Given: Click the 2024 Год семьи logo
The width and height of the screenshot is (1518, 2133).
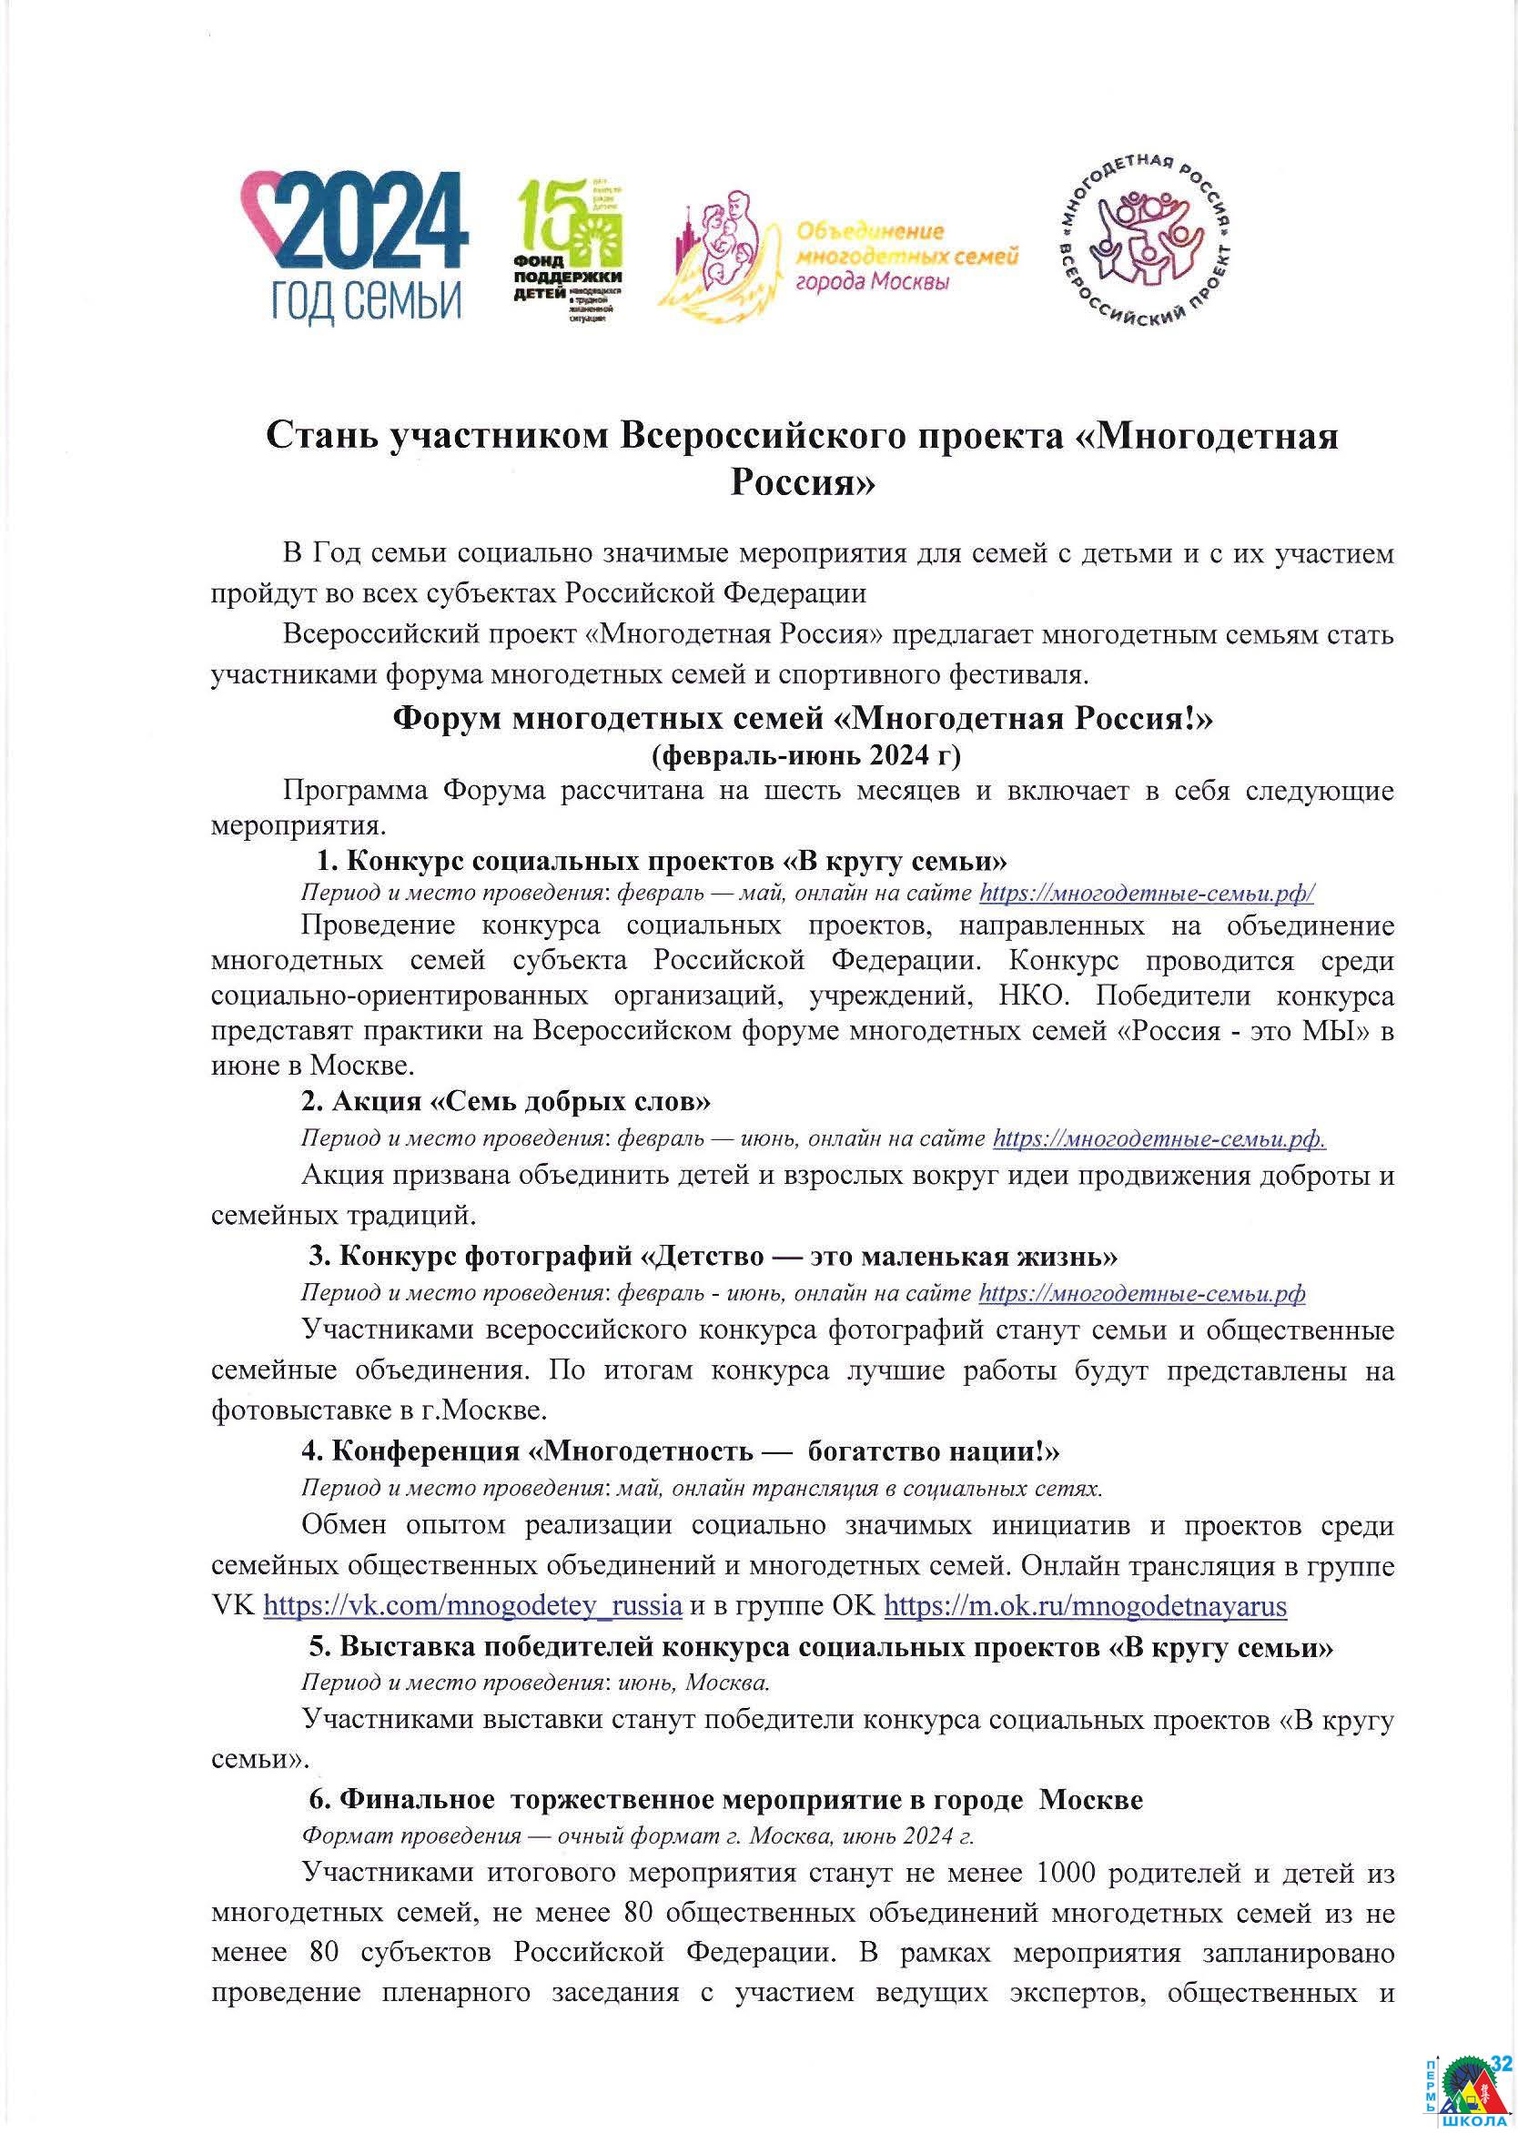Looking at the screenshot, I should point(355,248).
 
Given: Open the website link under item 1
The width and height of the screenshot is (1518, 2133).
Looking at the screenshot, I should point(1146,893).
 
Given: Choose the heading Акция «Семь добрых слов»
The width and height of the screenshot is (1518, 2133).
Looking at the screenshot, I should point(506,1101).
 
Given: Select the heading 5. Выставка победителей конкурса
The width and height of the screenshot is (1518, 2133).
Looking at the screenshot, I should point(821,1647).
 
